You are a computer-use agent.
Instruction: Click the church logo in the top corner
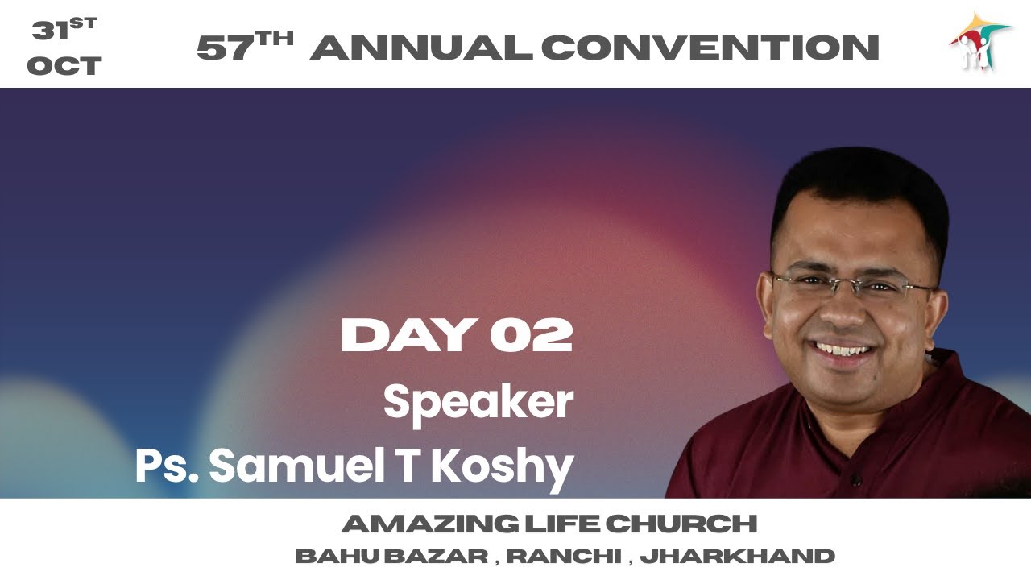point(978,43)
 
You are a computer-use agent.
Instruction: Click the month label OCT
point(64,66)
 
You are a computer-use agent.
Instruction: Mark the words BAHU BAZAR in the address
point(391,556)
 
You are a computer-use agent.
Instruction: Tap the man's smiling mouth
point(843,351)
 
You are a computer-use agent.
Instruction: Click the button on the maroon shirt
point(855,481)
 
